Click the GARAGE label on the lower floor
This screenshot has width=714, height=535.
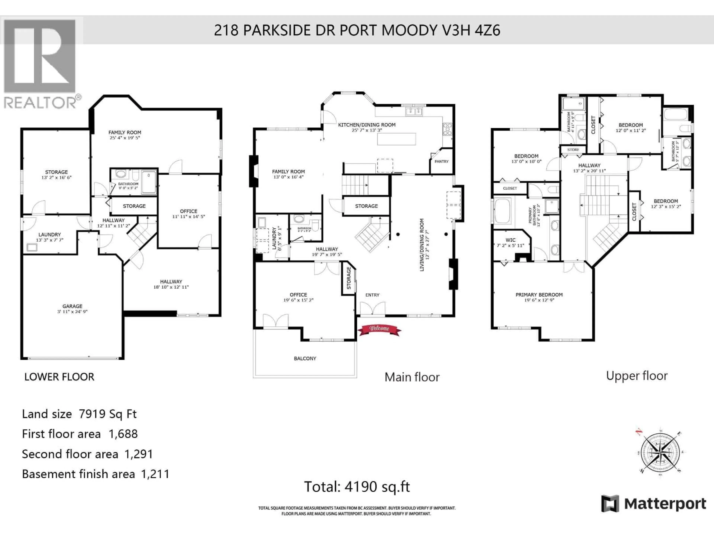[x=72, y=306]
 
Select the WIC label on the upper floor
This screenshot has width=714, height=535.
[x=510, y=240]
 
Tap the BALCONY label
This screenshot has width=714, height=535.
[x=305, y=358]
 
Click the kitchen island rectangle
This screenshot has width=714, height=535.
[x=396, y=139]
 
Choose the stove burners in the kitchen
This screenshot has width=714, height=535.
[x=447, y=129]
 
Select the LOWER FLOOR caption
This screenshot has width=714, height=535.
[x=59, y=377]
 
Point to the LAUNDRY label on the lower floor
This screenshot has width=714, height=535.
[x=49, y=234]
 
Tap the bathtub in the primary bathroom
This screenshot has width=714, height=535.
[x=503, y=211]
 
